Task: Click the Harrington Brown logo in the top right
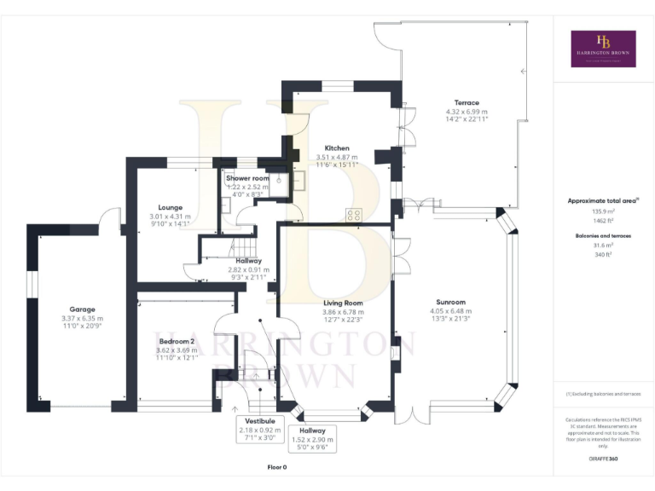[603, 49]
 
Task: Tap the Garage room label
[83, 309]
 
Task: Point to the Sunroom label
[450, 302]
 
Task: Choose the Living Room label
[343, 303]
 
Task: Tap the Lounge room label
[171, 207]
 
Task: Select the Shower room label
[245, 177]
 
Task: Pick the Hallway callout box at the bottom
[312, 438]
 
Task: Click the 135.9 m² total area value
[603, 211]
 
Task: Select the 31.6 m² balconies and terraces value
[603, 245]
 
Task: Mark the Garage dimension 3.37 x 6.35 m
[83, 319]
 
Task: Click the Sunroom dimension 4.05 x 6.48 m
[450, 311]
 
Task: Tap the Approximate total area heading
[602, 201]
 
